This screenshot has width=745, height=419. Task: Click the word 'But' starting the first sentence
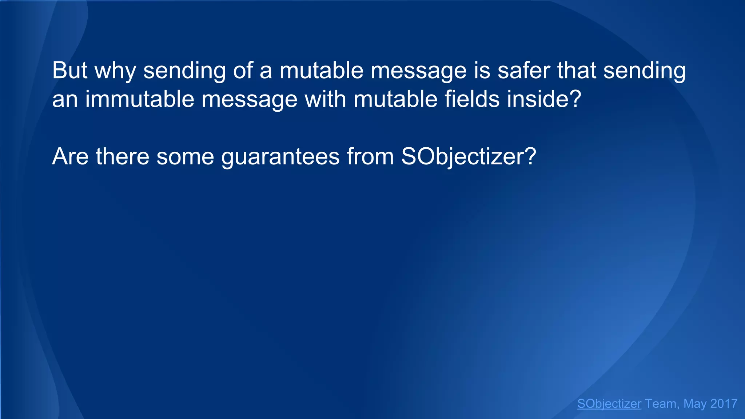click(69, 70)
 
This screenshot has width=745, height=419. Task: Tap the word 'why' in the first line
click(115, 71)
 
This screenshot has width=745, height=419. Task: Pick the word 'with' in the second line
click(325, 99)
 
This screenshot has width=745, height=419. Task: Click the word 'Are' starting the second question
click(70, 157)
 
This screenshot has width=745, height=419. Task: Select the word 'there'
click(123, 157)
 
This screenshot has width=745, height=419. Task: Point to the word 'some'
click(185, 157)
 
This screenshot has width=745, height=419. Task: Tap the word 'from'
click(370, 157)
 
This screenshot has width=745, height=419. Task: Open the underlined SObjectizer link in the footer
click(609, 404)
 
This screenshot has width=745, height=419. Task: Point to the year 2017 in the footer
click(724, 404)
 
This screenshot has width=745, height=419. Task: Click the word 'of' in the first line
click(243, 70)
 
